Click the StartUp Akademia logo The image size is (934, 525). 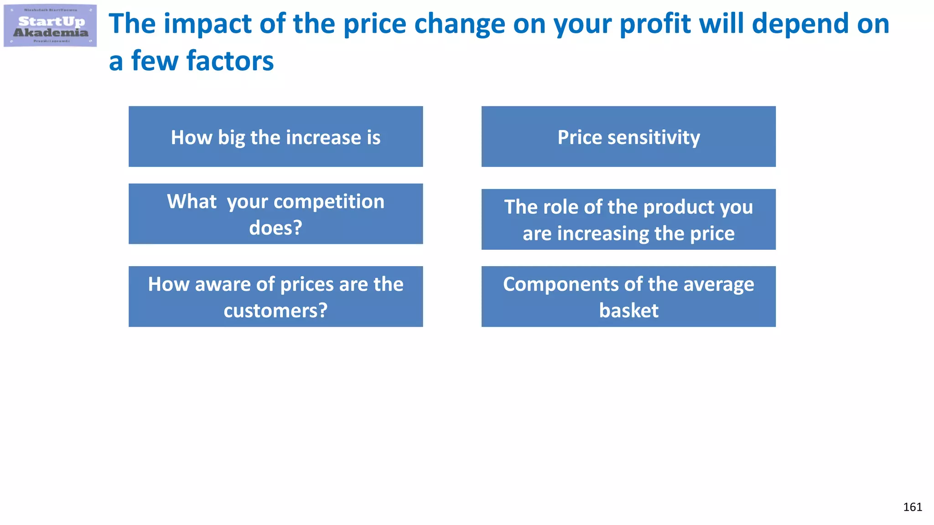[x=50, y=26]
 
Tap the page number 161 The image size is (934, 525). [x=913, y=507]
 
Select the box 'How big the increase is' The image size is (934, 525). [x=275, y=137]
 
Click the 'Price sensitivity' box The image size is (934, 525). [x=628, y=137]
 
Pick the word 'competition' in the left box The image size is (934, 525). [x=328, y=202]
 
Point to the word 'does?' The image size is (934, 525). [x=275, y=228]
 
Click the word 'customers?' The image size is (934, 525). [x=275, y=311]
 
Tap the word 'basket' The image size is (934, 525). [x=628, y=311]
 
